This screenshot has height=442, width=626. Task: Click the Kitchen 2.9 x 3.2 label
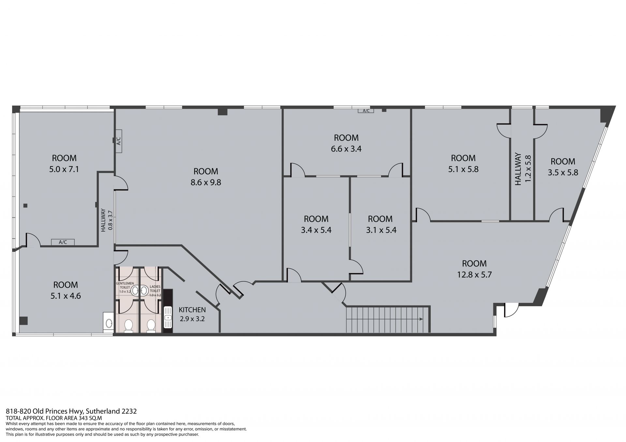coord(192,314)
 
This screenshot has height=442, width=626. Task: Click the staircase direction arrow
coord(384,319)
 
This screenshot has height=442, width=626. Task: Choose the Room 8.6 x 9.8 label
coord(206,177)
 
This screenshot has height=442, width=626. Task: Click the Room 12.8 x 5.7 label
coord(474,269)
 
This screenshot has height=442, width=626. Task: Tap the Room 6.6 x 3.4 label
coord(346,143)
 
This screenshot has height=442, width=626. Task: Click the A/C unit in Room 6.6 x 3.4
coord(366,111)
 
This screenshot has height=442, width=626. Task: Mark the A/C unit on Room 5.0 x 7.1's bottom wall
coord(63,242)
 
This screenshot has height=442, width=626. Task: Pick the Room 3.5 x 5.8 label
coord(563,167)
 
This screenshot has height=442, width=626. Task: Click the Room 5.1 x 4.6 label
coord(66,290)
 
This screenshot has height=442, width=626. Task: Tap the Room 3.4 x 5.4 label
coord(316,224)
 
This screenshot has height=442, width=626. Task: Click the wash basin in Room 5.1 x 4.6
coord(108,322)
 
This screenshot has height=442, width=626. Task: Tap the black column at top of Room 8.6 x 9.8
coord(223,111)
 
